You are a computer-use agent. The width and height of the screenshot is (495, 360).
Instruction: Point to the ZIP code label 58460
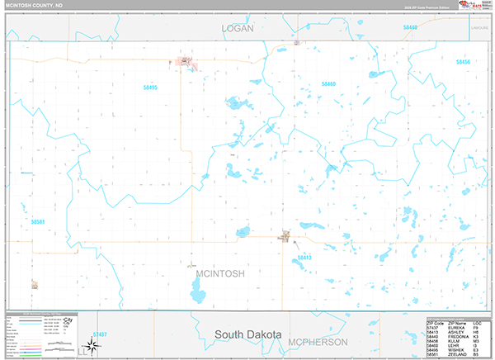pyautogui.click(x=328, y=84)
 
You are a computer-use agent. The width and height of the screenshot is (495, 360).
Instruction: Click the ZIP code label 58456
pyautogui.click(x=463, y=63)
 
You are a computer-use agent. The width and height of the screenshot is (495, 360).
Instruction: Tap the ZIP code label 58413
pyautogui.click(x=304, y=258)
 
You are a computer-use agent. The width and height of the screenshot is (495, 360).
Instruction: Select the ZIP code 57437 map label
pyautogui.click(x=99, y=334)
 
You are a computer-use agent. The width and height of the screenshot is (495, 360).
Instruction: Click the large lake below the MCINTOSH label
pyautogui.click(x=198, y=291)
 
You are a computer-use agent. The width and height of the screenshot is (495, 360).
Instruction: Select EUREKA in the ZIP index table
pyautogui.click(x=456, y=326)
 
